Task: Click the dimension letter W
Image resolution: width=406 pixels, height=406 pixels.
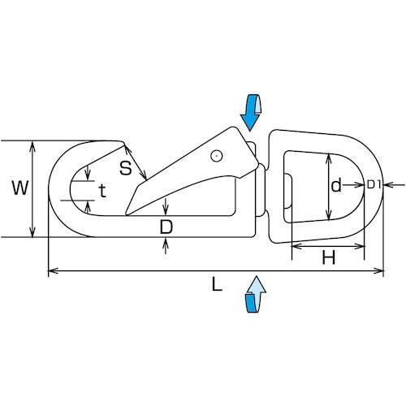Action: coord(20,188)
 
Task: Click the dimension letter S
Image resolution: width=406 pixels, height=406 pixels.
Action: coord(126,168)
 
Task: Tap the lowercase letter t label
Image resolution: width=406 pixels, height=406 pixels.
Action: coord(102,191)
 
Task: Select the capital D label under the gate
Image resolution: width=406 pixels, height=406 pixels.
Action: coord(166,227)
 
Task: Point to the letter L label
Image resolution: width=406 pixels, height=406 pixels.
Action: coord(217,284)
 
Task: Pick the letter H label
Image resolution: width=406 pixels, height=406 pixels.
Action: coord(329,257)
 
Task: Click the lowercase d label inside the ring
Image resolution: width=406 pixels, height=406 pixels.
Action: coord(336,185)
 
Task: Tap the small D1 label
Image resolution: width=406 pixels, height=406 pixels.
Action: coord(374,185)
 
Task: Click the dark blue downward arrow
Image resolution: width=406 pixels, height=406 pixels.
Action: coord(251,112)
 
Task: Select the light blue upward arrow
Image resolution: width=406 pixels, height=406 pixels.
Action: coord(256,294)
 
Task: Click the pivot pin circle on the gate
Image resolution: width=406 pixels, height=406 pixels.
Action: coord(217,156)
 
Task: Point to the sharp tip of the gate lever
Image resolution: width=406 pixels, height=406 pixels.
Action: coord(126,214)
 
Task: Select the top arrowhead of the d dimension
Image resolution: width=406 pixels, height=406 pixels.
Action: coord(329,158)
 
